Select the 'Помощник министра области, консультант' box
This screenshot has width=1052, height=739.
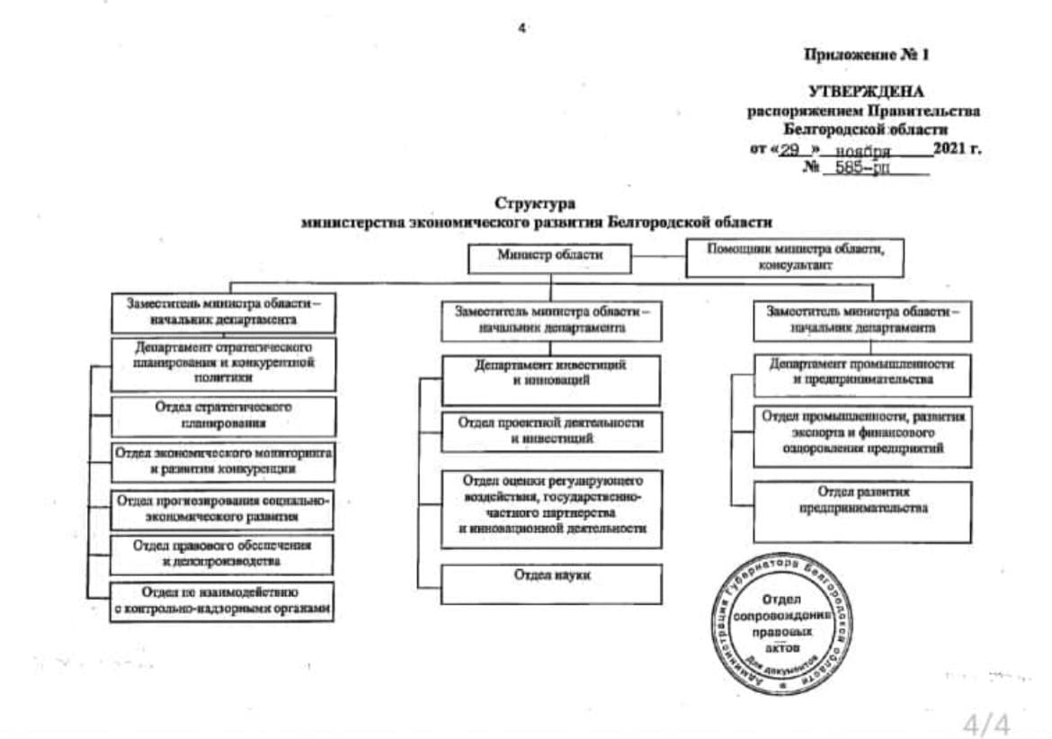pyautogui.click(x=795, y=257)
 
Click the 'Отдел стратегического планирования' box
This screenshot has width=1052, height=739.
pyautogui.click(x=223, y=416)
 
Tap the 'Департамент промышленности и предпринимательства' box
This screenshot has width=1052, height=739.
pyautogui.click(x=862, y=373)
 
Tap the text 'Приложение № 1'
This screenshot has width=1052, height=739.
pyautogui.click(x=866, y=55)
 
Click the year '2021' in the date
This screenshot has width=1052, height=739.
pyautogui.click(x=950, y=149)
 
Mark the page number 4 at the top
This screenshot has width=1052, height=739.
pyautogui.click(x=522, y=28)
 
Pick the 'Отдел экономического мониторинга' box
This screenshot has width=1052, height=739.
pyautogui.click(x=223, y=461)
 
